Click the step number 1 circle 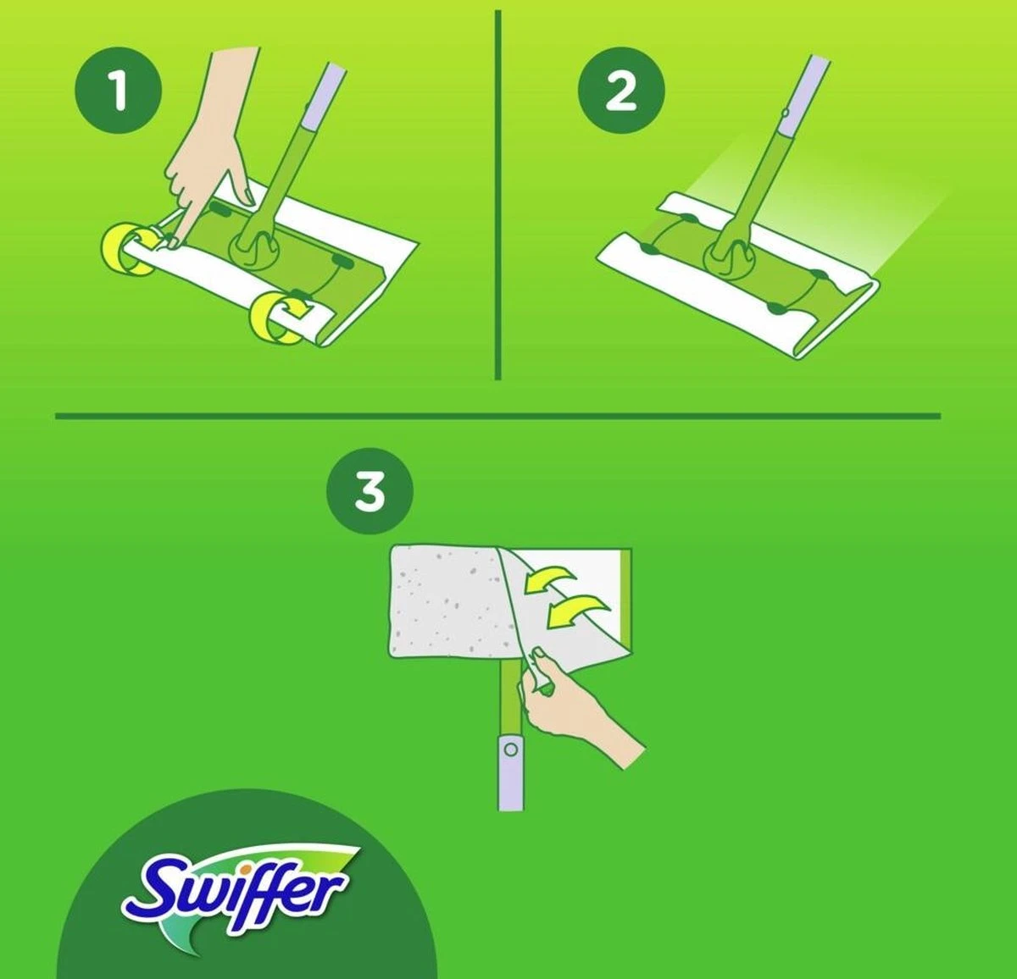118,90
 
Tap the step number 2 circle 620,90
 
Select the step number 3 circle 370,490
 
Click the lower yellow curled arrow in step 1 275,318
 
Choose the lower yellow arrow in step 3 576,611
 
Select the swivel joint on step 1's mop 255,251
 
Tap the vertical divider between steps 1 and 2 497,195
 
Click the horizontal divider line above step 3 497,416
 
